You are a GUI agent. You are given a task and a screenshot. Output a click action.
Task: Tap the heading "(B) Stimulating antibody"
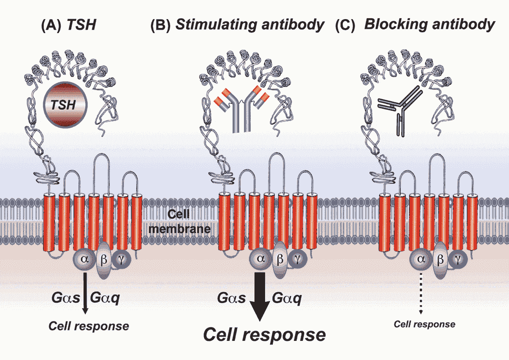click(x=237, y=25)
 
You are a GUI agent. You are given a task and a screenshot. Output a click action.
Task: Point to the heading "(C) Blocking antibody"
click(x=415, y=25)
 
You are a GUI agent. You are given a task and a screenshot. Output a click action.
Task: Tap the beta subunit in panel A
click(x=103, y=260)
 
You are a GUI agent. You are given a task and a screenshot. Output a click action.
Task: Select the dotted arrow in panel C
click(x=420, y=293)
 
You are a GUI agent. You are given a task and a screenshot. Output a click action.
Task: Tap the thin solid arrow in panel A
click(x=85, y=293)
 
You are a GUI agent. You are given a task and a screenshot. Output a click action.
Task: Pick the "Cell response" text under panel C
click(x=425, y=325)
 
